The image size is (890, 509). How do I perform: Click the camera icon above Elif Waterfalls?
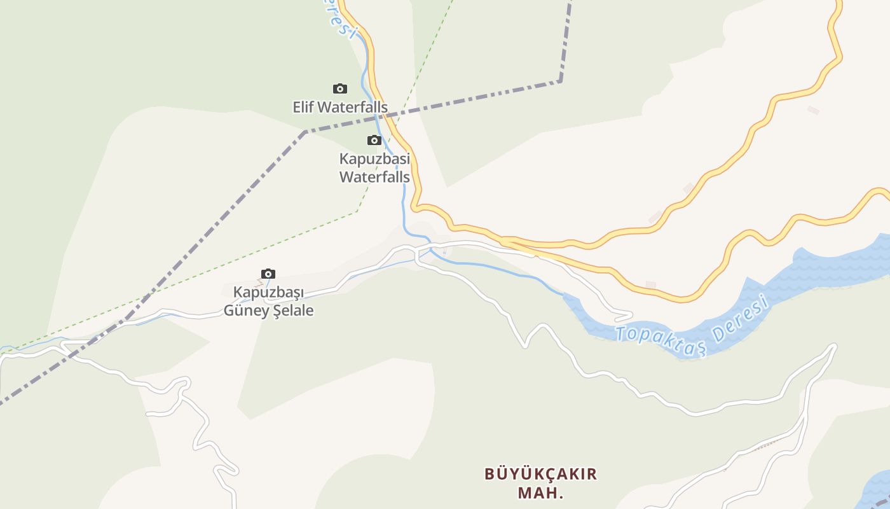click(340, 89)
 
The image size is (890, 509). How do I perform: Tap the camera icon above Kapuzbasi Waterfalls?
click(374, 141)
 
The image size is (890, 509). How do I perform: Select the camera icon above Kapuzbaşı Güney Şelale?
click(268, 274)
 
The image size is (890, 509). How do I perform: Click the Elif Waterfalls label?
click(340, 107)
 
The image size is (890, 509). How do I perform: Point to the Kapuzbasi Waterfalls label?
click(374, 167)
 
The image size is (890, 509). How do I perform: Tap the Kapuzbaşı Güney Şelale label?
click(268, 302)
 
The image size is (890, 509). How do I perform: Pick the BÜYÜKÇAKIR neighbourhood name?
click(541, 474)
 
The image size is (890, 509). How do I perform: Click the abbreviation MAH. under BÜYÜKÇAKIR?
click(541, 493)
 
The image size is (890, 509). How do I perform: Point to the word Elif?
click(303, 107)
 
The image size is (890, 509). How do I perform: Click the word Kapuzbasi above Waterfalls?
click(374, 158)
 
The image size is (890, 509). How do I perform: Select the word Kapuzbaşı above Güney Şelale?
click(268, 293)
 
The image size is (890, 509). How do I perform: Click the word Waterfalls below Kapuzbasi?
click(374, 176)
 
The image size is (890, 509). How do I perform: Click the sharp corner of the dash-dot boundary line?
click(560, 81)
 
